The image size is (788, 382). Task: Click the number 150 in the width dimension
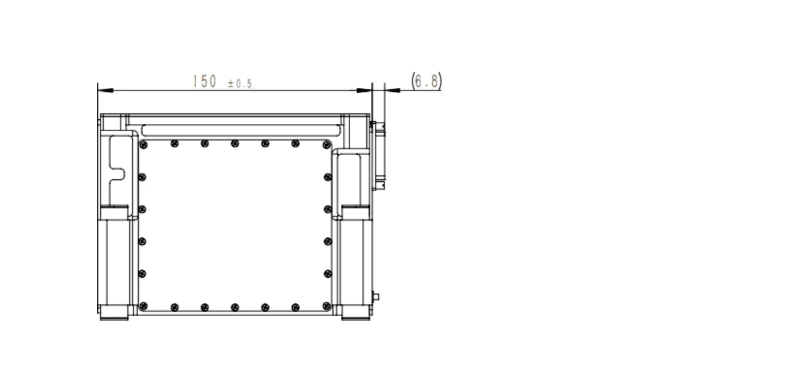[x=205, y=81]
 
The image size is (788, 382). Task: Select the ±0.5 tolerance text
[x=240, y=83]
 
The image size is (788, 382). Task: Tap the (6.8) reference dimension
[x=426, y=81]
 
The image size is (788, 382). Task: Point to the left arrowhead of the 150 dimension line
[x=106, y=91]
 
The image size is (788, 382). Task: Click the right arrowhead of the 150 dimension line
[x=364, y=91]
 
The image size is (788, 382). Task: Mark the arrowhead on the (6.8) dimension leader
[x=392, y=91]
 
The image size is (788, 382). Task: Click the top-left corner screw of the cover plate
[x=143, y=145]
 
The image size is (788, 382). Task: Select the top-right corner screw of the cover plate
[x=327, y=145]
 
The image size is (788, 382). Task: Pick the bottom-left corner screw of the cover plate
[x=143, y=306]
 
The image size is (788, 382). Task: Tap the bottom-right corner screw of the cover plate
[x=327, y=306]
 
